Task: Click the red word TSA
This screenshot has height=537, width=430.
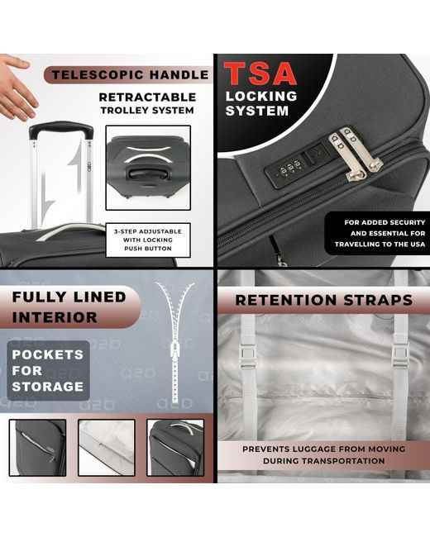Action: coord(260,73)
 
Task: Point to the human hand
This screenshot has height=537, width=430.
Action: coord(17,88)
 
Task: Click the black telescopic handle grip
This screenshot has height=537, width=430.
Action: coord(61,129)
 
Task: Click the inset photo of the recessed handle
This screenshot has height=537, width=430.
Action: coord(148,168)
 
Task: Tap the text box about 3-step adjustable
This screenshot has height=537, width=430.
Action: coord(148,240)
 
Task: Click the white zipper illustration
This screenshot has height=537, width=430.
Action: coord(175,343)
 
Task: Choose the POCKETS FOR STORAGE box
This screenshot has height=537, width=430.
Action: coord(48,371)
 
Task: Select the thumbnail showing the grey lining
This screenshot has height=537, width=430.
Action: coord(107,448)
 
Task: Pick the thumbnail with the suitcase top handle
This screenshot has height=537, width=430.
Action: coord(175,448)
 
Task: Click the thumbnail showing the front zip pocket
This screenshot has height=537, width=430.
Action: coord(38,448)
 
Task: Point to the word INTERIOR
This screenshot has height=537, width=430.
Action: coord(55,317)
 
